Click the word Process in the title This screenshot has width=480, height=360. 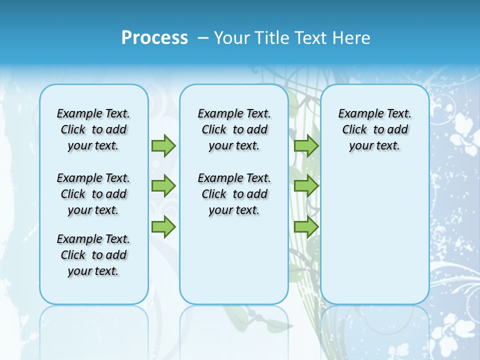[154, 37]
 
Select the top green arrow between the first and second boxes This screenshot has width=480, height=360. [163, 146]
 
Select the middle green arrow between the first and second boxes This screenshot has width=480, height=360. [163, 186]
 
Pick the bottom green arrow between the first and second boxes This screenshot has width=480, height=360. [163, 226]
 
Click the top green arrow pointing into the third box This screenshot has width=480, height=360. [306, 146]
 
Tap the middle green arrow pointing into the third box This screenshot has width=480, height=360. [306, 186]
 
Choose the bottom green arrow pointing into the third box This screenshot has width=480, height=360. [306, 226]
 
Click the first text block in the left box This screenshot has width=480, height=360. [93, 129]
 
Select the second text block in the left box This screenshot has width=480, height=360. [93, 194]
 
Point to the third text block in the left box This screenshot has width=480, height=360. [93, 255]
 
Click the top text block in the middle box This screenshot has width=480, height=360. [234, 129]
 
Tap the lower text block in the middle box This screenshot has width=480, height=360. [234, 194]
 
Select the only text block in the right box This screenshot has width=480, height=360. [374, 129]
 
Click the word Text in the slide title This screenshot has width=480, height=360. [310, 38]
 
